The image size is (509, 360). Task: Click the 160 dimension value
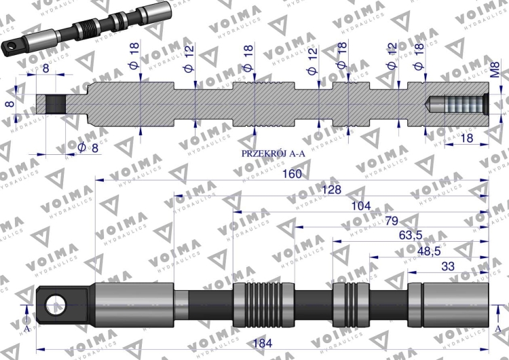coord(292,174)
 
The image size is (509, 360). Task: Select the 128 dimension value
coord(331,190)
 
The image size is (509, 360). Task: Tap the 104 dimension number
coord(361,206)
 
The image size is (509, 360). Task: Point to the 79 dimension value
coord(392,221)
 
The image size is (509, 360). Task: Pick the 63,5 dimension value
coord(411,235)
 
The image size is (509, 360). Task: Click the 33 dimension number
coord(448,266)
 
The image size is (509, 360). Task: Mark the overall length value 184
coord(262,343)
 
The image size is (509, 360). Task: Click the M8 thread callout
coord(495,69)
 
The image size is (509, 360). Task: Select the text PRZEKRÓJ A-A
coord(274,154)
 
